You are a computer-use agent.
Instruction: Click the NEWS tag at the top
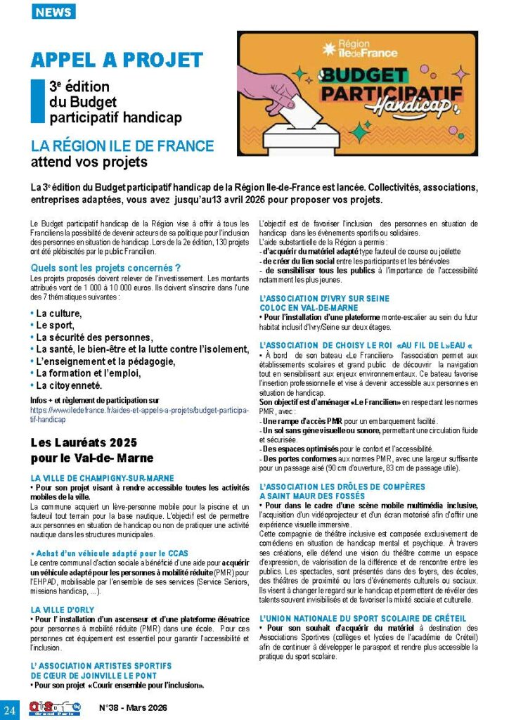[x=53, y=12]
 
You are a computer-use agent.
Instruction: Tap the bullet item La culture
[x=58, y=313]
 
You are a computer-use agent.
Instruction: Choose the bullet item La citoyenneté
[x=69, y=385]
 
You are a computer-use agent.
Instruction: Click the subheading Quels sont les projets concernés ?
[x=106, y=267]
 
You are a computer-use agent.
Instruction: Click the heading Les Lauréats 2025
[x=84, y=443]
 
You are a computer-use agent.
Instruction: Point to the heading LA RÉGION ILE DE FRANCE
[x=122, y=146]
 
